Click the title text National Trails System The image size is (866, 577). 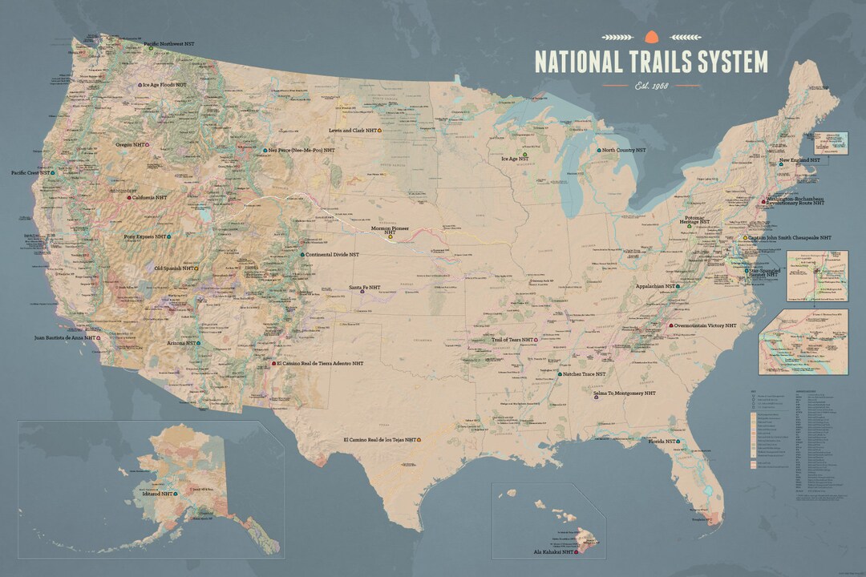(650, 62)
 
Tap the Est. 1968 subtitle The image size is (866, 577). (651, 85)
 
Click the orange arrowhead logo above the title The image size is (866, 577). (650, 35)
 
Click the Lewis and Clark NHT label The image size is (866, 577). (354, 130)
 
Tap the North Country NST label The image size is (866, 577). (623, 150)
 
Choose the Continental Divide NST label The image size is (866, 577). (332, 255)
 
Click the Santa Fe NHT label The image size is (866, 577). (364, 288)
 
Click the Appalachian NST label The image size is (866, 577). (654, 285)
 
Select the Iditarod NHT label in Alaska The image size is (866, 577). (156, 494)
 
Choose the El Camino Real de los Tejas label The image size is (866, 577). (379, 440)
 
